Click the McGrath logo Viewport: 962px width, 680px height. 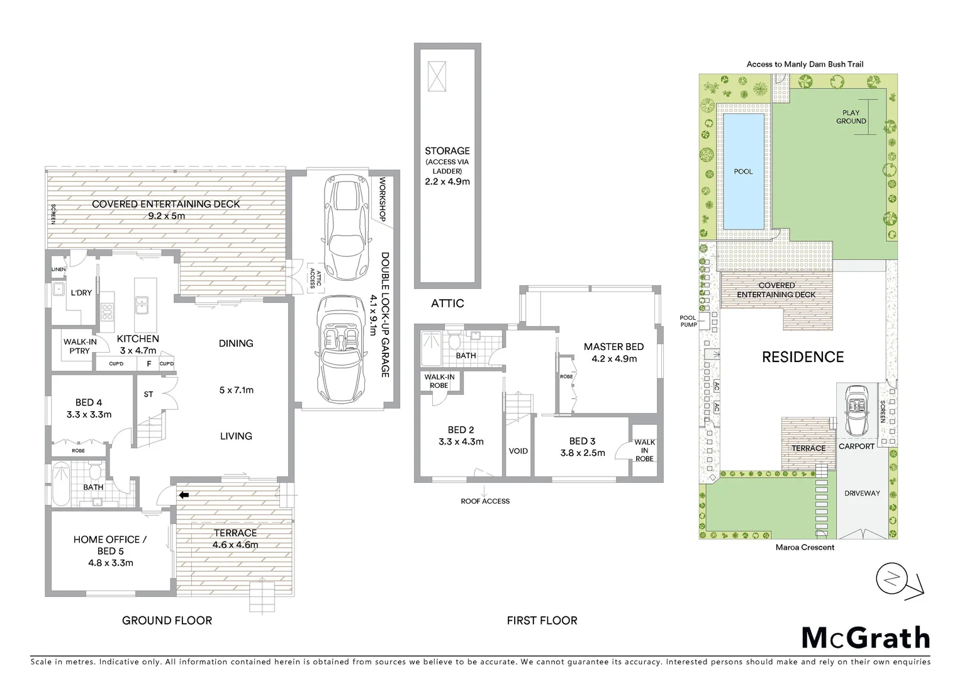pos(865,638)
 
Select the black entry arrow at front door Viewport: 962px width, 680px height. pos(184,495)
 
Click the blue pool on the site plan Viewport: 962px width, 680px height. pos(743,171)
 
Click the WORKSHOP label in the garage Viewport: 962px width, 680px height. pos(381,200)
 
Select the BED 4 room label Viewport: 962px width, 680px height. pos(89,402)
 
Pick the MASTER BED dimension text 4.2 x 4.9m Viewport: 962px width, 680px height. pos(613,359)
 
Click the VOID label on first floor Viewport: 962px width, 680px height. pos(518,451)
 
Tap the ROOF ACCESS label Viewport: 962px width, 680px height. pos(485,501)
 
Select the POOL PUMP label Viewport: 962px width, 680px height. pos(688,321)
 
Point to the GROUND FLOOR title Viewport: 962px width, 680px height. pos(167,620)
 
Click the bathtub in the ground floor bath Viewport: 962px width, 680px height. pos(61,484)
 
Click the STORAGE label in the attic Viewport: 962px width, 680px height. pos(447,151)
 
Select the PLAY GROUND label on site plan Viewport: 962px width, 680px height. pos(851,117)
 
